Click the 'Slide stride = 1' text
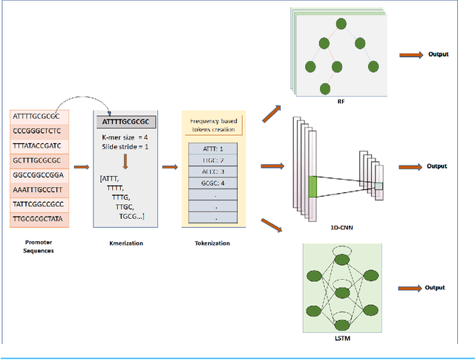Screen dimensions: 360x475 point(128,147)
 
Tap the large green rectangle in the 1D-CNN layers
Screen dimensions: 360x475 point(312,186)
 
